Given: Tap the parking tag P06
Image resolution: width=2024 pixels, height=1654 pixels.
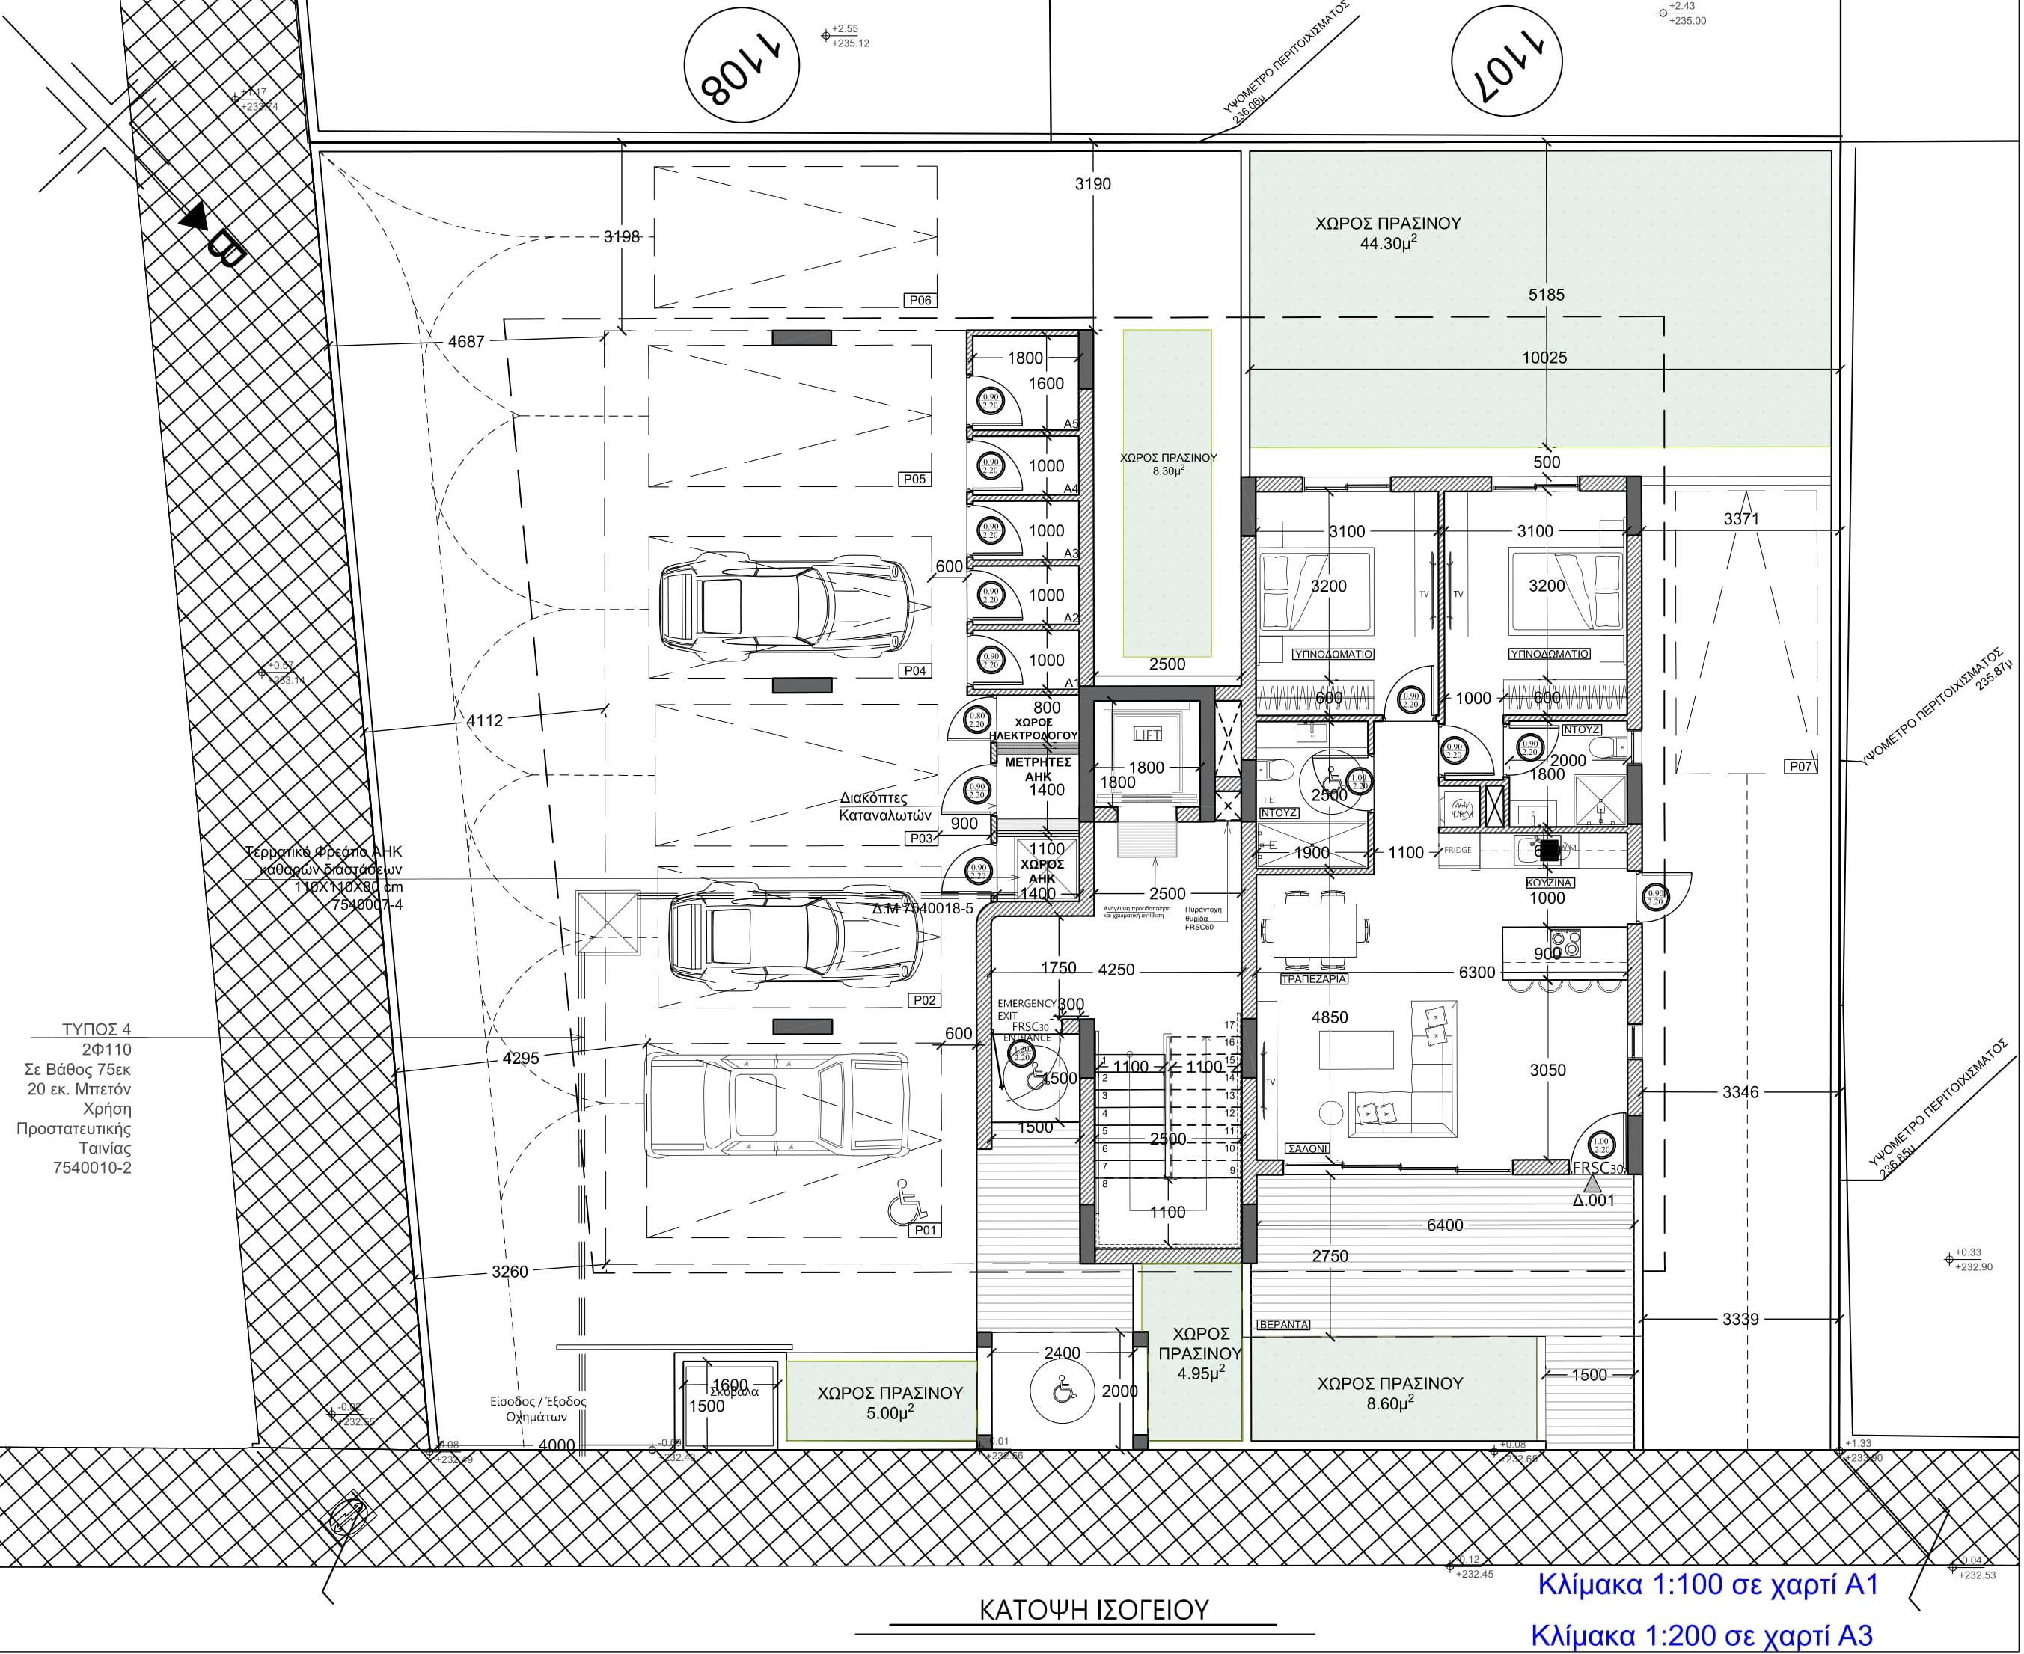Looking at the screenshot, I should tap(920, 301).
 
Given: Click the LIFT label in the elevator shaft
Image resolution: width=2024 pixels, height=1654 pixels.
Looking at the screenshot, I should tap(1146, 735).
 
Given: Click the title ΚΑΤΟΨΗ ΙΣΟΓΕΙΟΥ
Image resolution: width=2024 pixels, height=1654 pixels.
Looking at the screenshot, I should tap(1093, 1610).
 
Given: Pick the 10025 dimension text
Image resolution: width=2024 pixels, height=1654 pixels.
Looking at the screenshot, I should tap(1544, 358).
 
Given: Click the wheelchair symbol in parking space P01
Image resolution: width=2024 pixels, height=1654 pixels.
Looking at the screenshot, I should tap(906, 1204).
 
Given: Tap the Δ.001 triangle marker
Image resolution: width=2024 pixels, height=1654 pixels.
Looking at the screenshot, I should tap(1591, 1185).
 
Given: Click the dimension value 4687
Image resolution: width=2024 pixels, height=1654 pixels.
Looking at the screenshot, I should tap(466, 342).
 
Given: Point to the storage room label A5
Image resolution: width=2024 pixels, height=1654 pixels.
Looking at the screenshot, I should tap(1071, 424).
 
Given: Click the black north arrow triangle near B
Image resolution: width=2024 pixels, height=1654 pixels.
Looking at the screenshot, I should tap(195, 216).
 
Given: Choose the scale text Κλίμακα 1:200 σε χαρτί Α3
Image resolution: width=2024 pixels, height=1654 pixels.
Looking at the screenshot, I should tap(1701, 1636).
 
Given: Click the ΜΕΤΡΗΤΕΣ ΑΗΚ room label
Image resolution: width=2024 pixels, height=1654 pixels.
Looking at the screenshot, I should tap(1038, 769).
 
